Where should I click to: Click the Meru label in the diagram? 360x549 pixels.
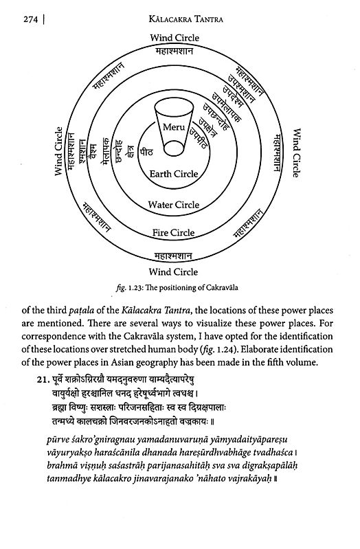pyautogui.click(x=175, y=128)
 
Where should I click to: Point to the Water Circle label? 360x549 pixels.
pyautogui.click(x=174, y=205)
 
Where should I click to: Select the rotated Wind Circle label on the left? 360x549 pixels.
pyautogui.click(x=58, y=151)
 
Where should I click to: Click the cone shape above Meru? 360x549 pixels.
pyautogui.click(x=175, y=110)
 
